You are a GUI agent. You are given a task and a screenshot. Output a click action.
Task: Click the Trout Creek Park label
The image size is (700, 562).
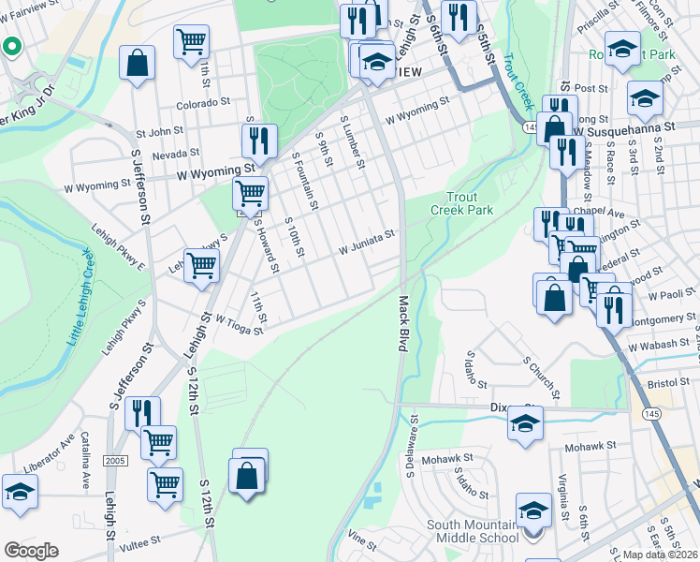(469, 203)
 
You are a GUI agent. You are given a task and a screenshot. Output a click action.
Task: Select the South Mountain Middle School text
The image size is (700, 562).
(473, 531)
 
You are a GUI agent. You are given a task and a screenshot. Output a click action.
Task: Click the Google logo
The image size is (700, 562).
(31, 550)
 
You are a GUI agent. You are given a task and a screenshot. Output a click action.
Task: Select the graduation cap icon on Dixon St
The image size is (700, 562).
(525, 422)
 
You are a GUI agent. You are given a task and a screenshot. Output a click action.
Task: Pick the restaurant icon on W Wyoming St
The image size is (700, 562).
(259, 140)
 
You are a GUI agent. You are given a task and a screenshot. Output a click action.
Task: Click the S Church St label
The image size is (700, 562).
(540, 373)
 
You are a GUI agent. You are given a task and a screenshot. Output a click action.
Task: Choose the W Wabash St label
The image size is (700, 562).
(652, 348)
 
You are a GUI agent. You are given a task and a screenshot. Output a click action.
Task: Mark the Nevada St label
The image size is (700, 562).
(175, 153)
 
